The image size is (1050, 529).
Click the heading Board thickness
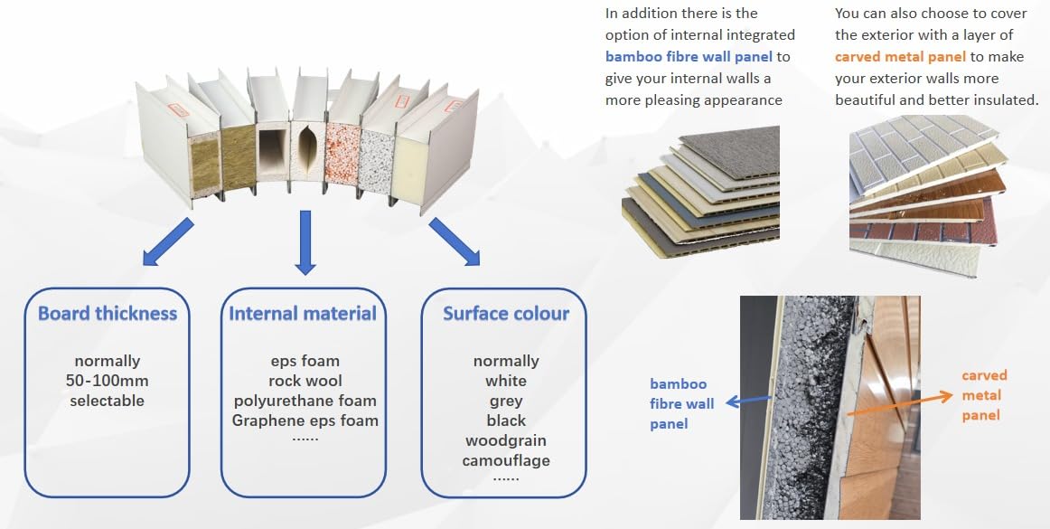tap(108, 313)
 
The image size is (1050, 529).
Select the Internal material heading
tap(303, 313)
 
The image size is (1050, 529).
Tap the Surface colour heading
tap(506, 313)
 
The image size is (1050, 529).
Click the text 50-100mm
tap(108, 381)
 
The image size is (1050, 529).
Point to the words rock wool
tap(305, 381)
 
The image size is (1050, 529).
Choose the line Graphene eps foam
tap(305, 420)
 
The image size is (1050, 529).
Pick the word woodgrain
tap(506, 440)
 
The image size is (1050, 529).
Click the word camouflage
tap(506, 460)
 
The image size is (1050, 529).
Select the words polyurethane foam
tap(305, 401)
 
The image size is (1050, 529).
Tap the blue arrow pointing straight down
tap(305, 242)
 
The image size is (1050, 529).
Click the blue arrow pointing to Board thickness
tap(168, 242)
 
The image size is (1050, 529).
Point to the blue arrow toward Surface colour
tap(455, 242)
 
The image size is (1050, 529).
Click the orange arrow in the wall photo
tap(899, 404)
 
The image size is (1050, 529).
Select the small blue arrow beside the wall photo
tap(749, 401)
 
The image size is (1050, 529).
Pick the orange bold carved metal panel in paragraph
tap(900, 56)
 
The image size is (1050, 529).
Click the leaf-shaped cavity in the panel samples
tap(307, 152)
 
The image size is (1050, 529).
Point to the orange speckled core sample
tap(342, 154)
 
